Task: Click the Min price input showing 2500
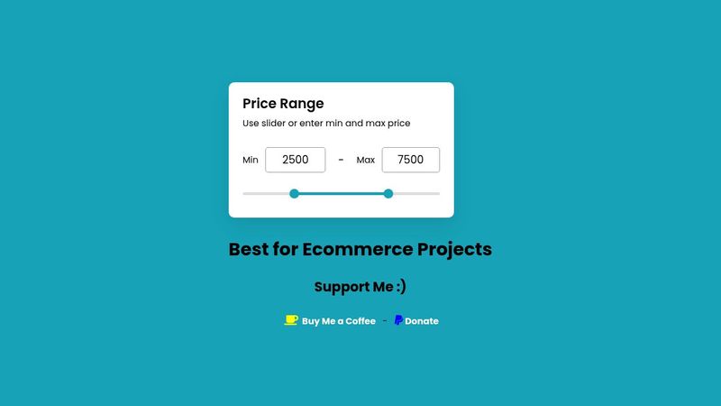pos(296,160)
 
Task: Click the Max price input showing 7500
pos(410,160)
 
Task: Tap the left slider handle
pos(294,193)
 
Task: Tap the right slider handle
pos(388,193)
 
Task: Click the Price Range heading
pos(283,104)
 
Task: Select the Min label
pos(251,161)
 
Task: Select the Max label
pos(366,161)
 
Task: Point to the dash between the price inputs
pos(341,160)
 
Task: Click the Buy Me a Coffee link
pos(338,321)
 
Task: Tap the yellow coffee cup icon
pos(291,320)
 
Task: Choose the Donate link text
pos(422,321)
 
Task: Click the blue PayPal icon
pos(398,320)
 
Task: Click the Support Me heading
pos(360,287)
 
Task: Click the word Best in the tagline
pos(250,249)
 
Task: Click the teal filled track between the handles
pos(341,193)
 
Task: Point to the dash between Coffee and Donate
pos(385,321)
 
